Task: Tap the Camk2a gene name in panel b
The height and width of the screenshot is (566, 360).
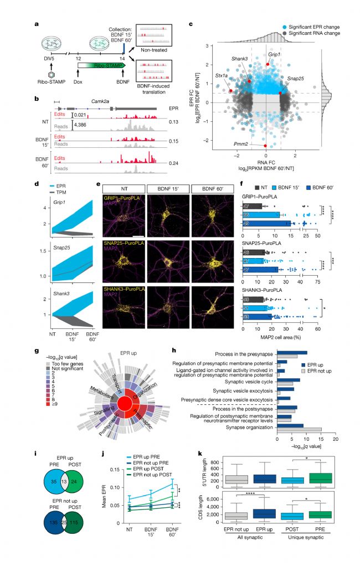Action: coord(83,103)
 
